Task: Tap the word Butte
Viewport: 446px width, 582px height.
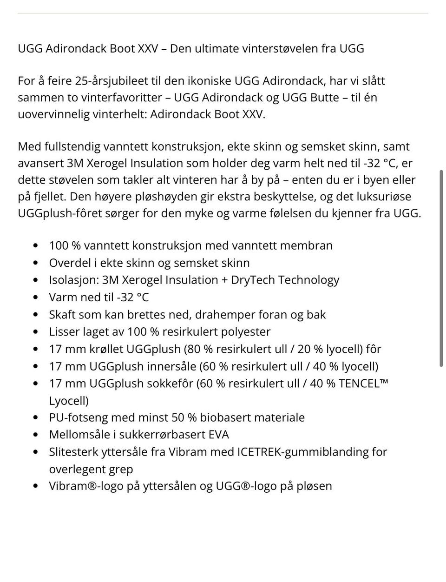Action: coord(321,98)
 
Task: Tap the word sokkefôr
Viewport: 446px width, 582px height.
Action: coord(171,384)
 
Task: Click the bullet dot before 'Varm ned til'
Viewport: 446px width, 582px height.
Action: coord(36,298)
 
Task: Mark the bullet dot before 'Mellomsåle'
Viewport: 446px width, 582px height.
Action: coord(36,435)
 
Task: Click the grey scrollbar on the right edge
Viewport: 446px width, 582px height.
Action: coord(440,269)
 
